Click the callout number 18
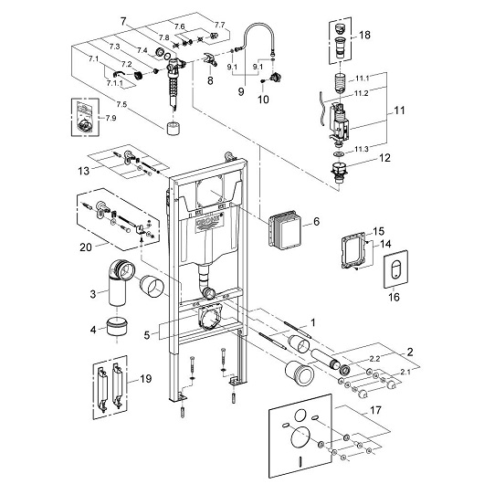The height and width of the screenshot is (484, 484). click(x=364, y=35)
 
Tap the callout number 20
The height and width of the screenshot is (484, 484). click(x=86, y=247)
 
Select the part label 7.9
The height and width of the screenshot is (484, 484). click(x=110, y=118)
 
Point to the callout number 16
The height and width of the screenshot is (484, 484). click(x=394, y=297)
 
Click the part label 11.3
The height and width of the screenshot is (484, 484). click(x=361, y=150)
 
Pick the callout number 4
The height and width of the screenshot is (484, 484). click(x=93, y=330)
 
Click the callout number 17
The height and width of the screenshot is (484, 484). click(x=375, y=410)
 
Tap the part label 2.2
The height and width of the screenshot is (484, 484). click(x=374, y=358)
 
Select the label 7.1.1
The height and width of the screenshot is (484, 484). click(x=114, y=83)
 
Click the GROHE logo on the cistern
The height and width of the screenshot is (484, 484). click(x=208, y=221)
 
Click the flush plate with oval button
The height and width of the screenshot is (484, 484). click(x=395, y=268)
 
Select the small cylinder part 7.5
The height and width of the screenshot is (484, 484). click(x=173, y=129)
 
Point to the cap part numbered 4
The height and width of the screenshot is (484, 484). click(x=117, y=328)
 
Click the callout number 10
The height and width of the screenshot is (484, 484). click(x=263, y=100)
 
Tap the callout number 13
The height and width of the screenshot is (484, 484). click(x=84, y=171)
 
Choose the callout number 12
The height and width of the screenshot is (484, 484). click(x=384, y=158)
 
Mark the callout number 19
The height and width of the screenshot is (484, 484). click(x=145, y=378)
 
